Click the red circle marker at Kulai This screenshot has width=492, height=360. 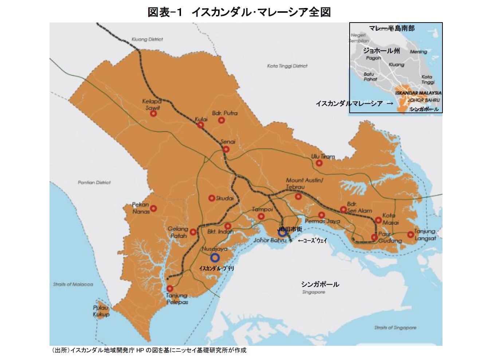pyautogui.click(x=200, y=125)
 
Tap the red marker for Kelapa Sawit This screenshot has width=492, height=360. pyautogui.click(x=153, y=114)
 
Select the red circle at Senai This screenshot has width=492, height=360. pyautogui.click(x=226, y=149)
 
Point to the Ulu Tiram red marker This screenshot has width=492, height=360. pyautogui.click(x=319, y=163)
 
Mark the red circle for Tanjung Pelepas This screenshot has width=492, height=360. pyautogui.click(x=170, y=289)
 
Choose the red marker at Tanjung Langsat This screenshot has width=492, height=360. pyautogui.click(x=410, y=234)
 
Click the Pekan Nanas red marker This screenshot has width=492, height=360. pyautogui.click(x=153, y=209)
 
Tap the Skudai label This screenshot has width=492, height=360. pyautogui.click(x=225, y=198)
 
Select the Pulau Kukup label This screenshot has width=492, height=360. pyautogui.click(x=101, y=311)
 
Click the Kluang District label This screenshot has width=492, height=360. pyautogui.click(x=147, y=39)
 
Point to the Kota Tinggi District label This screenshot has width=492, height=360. pyautogui.click(x=287, y=66)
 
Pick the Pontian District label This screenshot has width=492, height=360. pyautogui.click(x=94, y=182)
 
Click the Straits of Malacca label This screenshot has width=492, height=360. pyautogui.click(x=73, y=284)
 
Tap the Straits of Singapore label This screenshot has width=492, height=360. pyautogui.click(x=395, y=328)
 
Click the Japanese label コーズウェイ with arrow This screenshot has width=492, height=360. pyautogui.click(x=312, y=241)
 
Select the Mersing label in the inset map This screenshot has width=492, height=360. pyautogui.click(x=418, y=52)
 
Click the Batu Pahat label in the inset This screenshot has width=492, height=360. pyautogui.click(x=370, y=76)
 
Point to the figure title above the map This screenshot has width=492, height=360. pyautogui.click(x=239, y=12)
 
